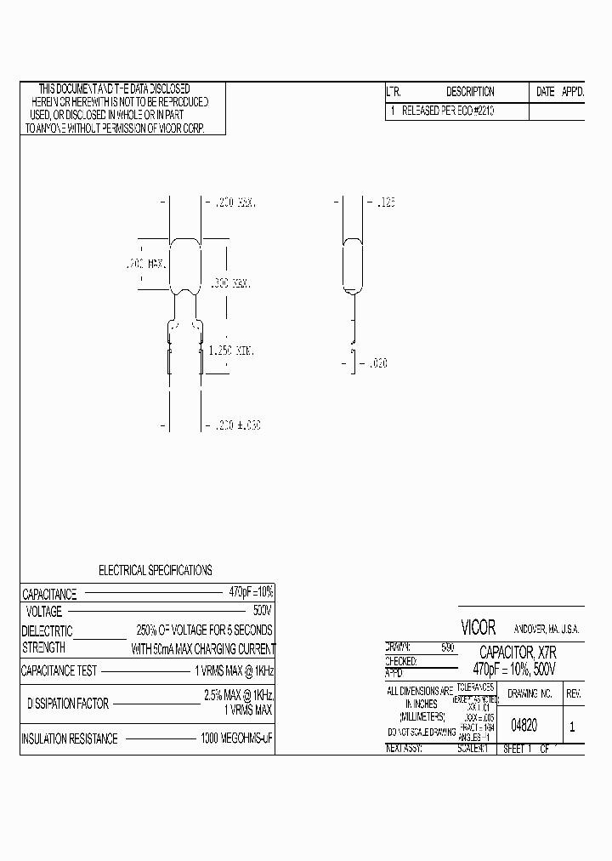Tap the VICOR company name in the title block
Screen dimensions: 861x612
[478, 628]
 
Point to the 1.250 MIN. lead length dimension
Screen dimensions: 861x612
[233, 351]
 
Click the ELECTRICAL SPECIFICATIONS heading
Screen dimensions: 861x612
[156, 570]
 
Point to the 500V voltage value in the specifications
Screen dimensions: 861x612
[262, 612]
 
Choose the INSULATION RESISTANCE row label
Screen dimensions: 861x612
[70, 738]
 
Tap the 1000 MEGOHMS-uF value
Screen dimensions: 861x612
[236, 738]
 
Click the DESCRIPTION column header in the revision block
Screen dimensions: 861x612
[470, 92]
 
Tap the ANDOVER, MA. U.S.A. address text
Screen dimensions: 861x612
[547, 629]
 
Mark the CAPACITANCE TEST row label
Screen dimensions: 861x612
[59, 670]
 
